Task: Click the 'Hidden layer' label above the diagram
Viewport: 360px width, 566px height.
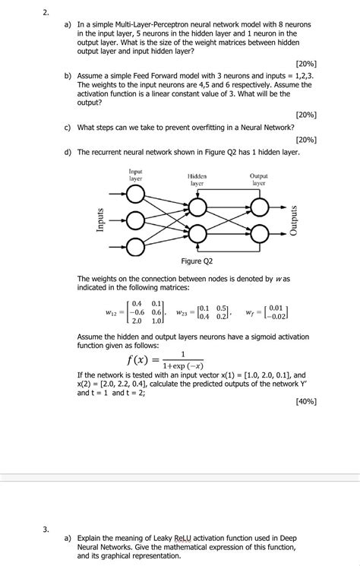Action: [197, 179]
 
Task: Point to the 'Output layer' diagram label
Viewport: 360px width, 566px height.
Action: [259, 179]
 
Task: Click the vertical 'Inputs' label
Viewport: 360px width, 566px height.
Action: [99, 220]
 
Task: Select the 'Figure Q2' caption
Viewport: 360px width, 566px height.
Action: [197, 261]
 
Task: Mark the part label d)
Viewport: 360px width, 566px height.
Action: [68, 152]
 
